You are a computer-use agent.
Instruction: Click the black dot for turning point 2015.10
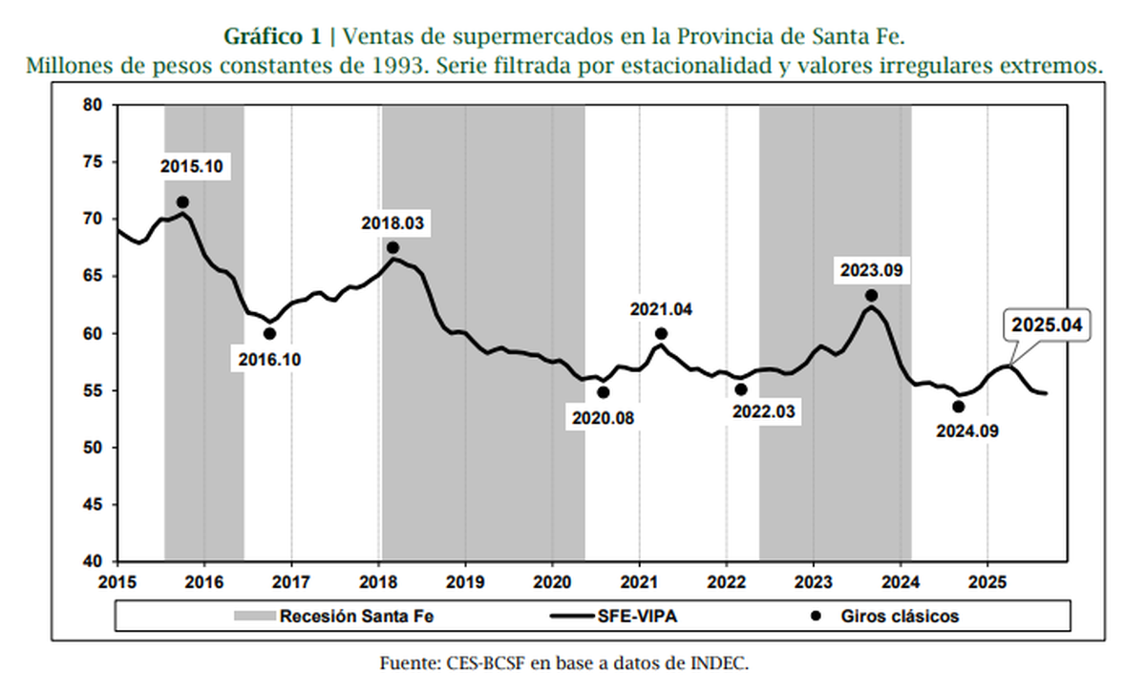point(182,202)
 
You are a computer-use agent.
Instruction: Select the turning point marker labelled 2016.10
point(270,334)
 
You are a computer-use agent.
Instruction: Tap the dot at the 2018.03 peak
point(393,248)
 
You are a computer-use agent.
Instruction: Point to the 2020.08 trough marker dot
point(603,392)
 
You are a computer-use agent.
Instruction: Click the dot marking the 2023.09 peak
point(871,296)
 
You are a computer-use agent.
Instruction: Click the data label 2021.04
point(661,309)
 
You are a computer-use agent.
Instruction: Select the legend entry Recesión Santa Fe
point(326,616)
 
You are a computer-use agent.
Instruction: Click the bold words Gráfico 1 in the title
point(271,37)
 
